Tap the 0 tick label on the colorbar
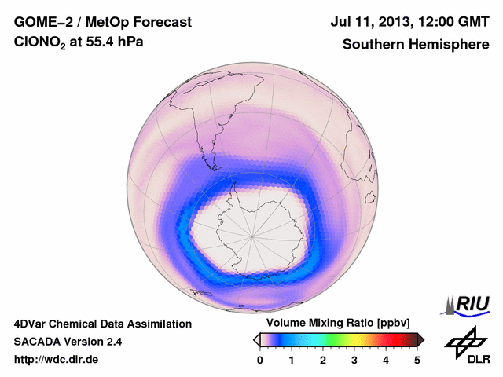(260, 359)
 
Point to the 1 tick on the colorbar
(292, 359)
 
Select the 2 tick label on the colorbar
(323, 359)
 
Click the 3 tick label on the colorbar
(354, 359)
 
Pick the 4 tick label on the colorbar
(386, 359)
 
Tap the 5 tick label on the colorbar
(417, 359)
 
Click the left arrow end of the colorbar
(256, 339)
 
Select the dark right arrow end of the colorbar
(421, 339)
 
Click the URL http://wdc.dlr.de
(57, 360)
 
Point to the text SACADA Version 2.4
(68, 342)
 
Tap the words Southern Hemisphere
(416, 45)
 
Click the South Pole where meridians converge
(251, 234)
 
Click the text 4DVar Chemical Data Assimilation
(102, 324)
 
